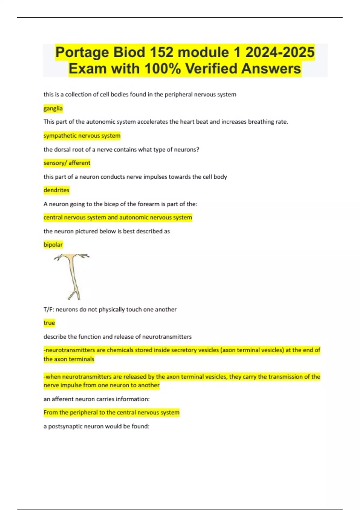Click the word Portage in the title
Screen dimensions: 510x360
[82, 52]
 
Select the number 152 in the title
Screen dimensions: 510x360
[161, 52]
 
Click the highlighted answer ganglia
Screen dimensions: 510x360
[53, 108]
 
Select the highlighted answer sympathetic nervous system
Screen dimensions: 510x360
[82, 136]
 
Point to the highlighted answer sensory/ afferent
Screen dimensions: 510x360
[67, 163]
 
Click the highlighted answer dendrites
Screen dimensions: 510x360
[56, 190]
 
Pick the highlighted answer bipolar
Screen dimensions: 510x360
[53, 244]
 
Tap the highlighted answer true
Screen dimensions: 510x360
[49, 323]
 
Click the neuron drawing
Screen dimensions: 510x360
[72, 274]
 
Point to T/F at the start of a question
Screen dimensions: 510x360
[49, 309]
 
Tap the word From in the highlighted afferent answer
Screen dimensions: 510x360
[50, 412]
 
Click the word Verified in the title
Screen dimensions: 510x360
[212, 69]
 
